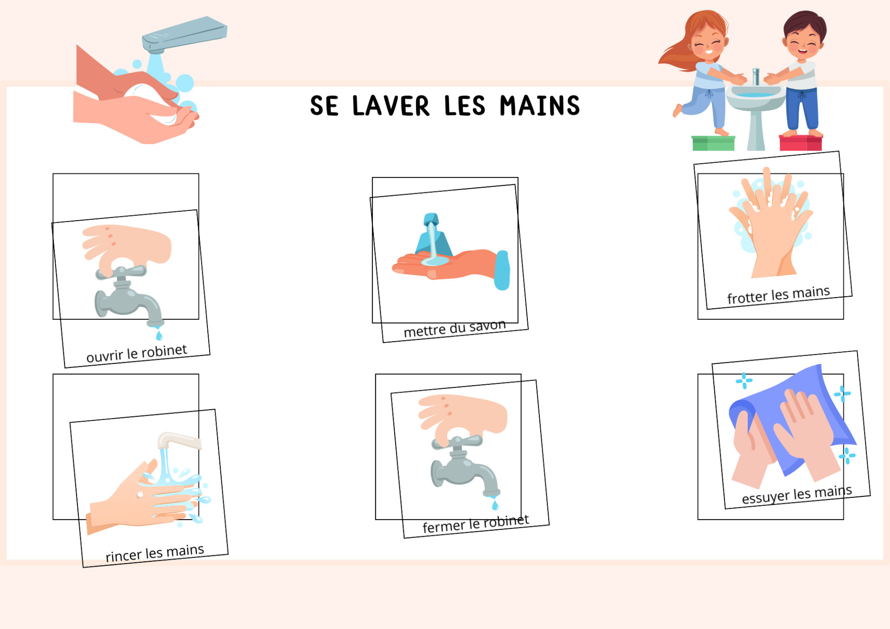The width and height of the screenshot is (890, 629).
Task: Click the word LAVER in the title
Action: coord(391,106)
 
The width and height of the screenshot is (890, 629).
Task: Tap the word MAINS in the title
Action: coord(540,106)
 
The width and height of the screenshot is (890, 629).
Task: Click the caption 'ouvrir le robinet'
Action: coord(137,353)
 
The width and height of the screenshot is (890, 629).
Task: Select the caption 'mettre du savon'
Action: coord(455,329)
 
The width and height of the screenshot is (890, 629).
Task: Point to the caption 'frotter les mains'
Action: coord(778,295)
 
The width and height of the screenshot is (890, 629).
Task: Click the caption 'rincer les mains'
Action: coord(155,553)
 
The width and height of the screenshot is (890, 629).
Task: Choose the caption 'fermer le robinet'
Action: coord(476,524)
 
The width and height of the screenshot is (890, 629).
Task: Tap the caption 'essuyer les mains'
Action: coord(797,494)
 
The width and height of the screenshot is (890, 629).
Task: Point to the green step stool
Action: coord(713,143)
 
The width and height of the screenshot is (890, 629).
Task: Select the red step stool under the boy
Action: coord(801,143)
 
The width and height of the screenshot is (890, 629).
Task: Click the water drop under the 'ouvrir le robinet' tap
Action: coord(159,335)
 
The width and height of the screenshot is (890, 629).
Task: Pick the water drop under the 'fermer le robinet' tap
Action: coord(495,505)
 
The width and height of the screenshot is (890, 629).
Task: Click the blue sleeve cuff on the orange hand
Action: coord(502,270)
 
